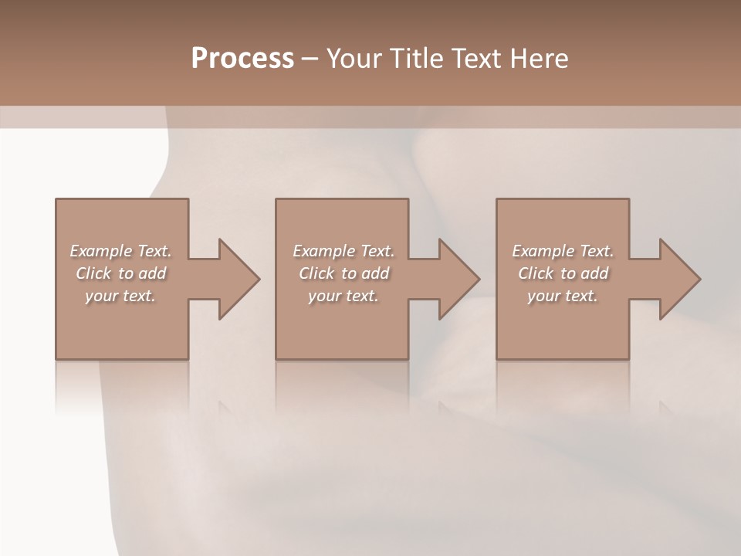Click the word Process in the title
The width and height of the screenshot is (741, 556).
point(242,59)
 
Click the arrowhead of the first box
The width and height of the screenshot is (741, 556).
point(236,279)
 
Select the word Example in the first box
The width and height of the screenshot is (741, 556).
point(100,251)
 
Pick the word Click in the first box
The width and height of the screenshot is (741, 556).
point(93,273)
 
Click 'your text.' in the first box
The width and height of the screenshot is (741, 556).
point(120,296)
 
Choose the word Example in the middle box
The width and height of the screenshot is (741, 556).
point(323,251)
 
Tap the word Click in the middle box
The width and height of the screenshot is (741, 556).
point(316,273)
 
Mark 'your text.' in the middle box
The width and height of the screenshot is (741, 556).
point(343,296)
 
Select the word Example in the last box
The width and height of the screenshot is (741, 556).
point(543,251)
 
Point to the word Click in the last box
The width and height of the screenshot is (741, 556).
point(536,273)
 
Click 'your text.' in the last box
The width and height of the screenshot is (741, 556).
point(562,296)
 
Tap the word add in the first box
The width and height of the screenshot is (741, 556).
point(153,273)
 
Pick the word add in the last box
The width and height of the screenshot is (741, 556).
point(595,273)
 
